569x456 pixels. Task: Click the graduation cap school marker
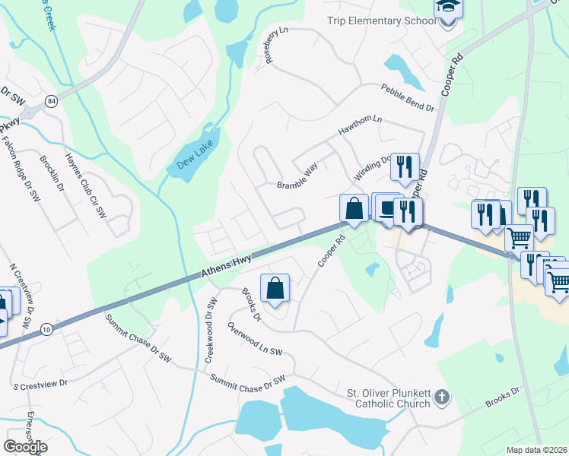tap(448, 9)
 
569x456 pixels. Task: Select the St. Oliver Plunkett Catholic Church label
tap(388, 398)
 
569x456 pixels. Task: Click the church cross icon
tap(442, 397)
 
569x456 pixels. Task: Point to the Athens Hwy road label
tap(226, 265)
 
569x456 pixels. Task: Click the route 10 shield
tap(46, 328)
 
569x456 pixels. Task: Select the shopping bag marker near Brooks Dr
tap(275, 290)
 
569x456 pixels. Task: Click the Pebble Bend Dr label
tap(408, 98)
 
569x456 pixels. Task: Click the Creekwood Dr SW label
tap(211, 334)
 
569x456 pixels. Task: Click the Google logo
tap(25, 447)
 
